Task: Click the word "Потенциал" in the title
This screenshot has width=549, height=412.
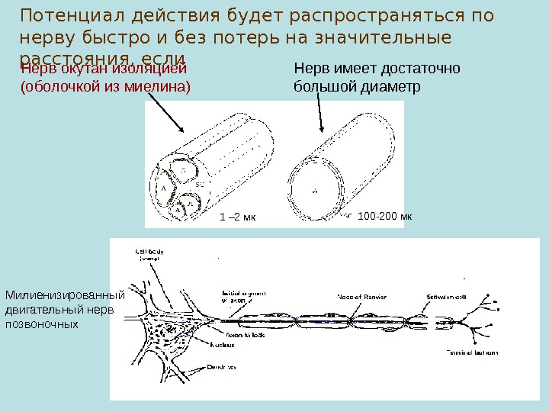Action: coord(66,15)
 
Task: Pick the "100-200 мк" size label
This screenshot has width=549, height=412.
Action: coord(384,217)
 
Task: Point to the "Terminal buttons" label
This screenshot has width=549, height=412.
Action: coord(472,353)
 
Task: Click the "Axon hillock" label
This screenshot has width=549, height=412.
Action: coord(244,334)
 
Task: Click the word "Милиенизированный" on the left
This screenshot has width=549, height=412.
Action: coord(64,295)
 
